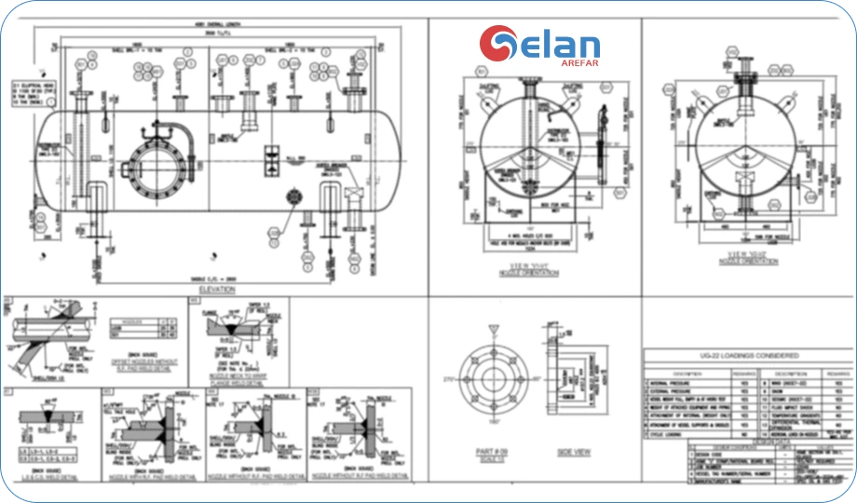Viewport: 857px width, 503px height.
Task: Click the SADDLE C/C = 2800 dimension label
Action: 207,279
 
